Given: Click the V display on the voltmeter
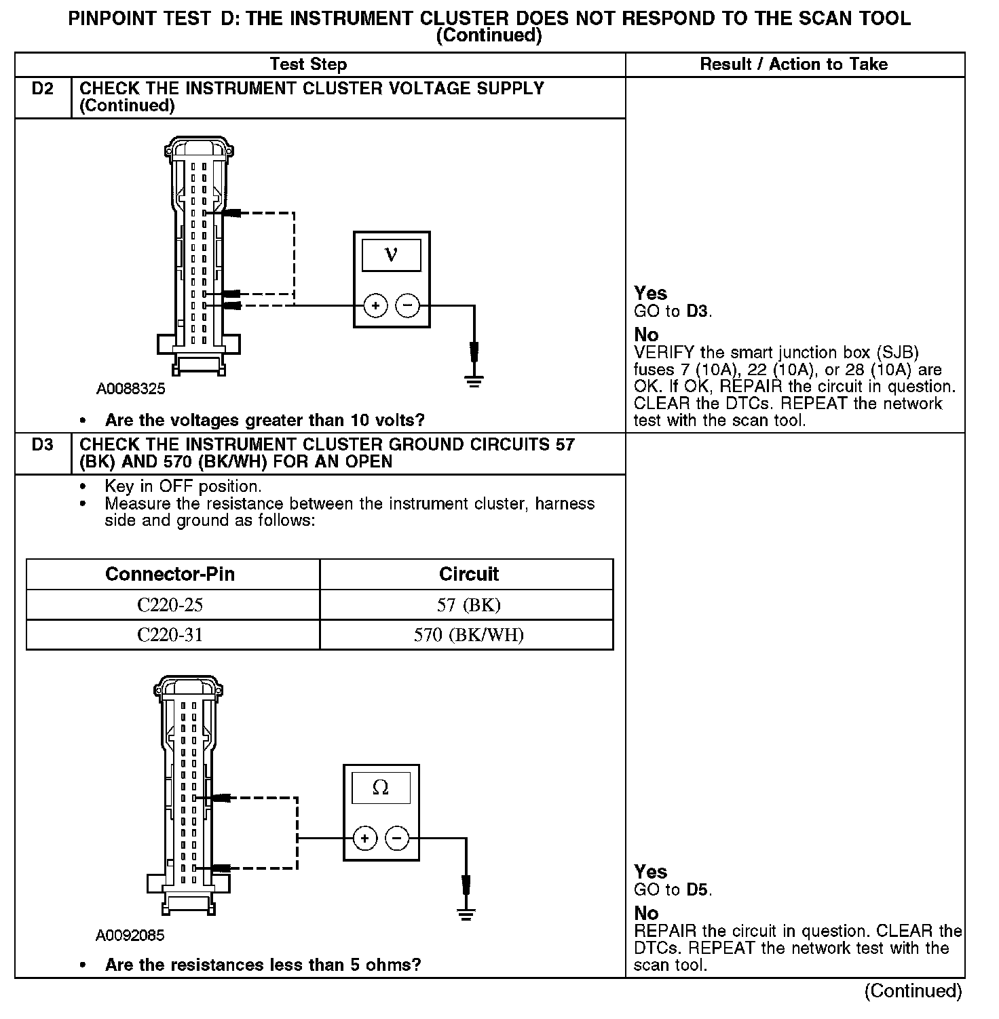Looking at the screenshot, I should [x=391, y=255].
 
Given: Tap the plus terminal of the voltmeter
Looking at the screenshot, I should [x=376, y=306].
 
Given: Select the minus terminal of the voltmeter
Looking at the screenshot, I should [x=407, y=306].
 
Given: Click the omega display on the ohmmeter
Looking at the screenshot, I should [x=381, y=788].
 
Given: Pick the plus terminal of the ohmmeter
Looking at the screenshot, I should [x=365, y=839].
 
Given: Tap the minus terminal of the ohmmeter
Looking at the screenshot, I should [x=397, y=839].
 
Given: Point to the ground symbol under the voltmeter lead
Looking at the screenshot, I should [x=474, y=381].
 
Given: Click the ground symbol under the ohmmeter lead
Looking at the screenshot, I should [x=466, y=914].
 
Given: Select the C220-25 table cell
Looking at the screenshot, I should [x=170, y=604].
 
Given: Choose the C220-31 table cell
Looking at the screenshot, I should [x=170, y=635].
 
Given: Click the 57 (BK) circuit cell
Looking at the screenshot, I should [x=468, y=604].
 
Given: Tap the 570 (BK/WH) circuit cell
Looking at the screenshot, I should [x=468, y=635].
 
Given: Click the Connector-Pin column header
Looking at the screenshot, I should [x=170, y=574].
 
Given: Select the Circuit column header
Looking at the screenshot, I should [x=468, y=574].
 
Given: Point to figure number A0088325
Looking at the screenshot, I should [x=130, y=389].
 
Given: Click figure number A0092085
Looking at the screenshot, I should [x=130, y=936].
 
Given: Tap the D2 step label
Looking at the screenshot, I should [x=42, y=89].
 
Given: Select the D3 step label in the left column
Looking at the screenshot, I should [x=42, y=445].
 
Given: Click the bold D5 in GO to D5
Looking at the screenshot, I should [x=697, y=889].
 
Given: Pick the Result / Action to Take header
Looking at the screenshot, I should [x=793, y=64].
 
